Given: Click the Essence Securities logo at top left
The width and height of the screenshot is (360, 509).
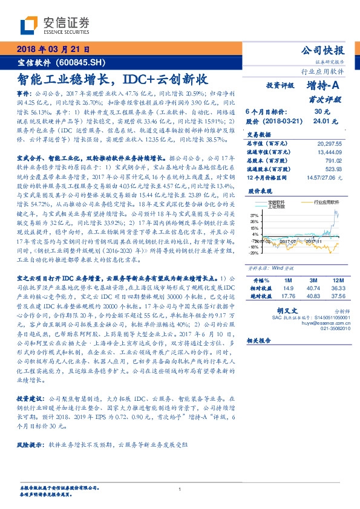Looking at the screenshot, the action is [55, 25].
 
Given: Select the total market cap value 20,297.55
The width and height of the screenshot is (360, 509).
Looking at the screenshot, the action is [329, 144].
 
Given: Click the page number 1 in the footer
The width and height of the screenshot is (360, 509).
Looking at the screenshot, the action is [180, 489].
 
